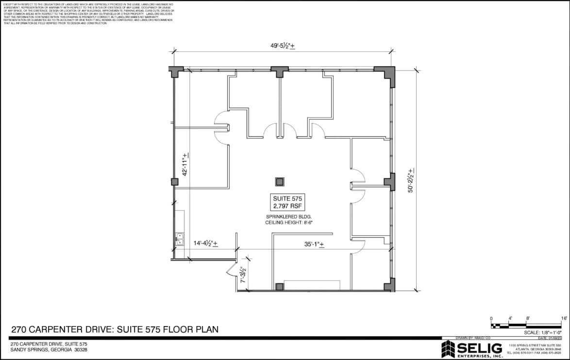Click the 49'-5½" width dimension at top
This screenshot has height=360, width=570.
click(x=283, y=46)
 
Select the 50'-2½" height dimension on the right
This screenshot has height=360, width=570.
click(x=411, y=180)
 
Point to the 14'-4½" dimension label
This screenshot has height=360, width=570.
click(x=206, y=244)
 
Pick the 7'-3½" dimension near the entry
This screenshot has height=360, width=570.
click(x=245, y=275)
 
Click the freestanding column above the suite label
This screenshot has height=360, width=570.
click(x=280, y=182)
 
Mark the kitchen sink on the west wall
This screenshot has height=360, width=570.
click(x=179, y=238)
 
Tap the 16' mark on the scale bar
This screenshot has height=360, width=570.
click(x=564, y=318)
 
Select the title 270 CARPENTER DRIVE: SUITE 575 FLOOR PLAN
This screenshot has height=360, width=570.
click(x=115, y=329)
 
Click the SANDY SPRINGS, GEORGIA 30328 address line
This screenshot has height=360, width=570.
click(x=49, y=350)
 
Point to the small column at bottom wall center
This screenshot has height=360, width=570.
click(x=279, y=287)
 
